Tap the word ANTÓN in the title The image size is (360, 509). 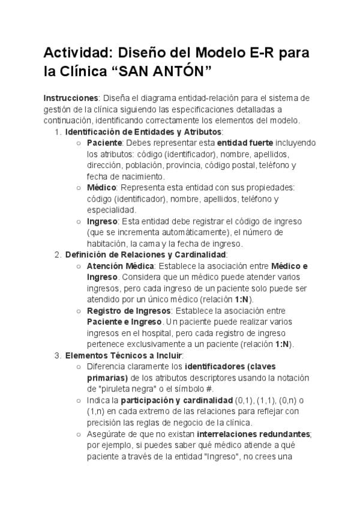(x=178, y=73)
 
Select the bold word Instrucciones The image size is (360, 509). (x=71, y=98)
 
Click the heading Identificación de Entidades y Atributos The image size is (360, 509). (x=143, y=131)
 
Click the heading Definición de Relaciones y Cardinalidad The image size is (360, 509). (x=145, y=254)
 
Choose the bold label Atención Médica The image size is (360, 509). (x=121, y=266)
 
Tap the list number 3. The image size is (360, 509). (x=57, y=355)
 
